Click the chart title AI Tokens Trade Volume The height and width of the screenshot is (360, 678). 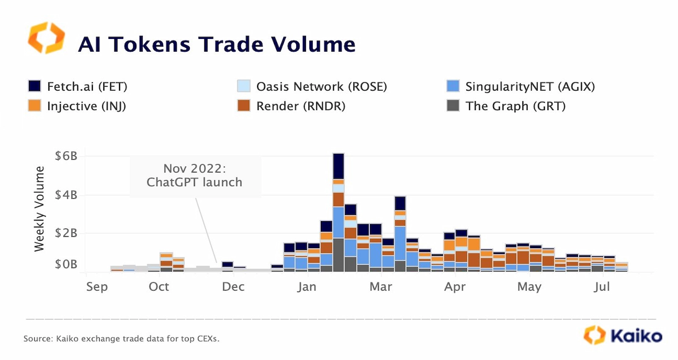[x=217, y=44]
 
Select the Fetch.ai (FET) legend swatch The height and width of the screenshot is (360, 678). [x=34, y=86]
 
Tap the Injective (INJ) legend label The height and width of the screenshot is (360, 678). [x=86, y=106]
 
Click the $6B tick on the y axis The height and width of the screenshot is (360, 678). [x=66, y=156]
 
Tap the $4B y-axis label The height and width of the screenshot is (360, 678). [x=66, y=195]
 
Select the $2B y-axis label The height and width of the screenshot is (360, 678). [x=66, y=233]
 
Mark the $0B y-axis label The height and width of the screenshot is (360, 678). [x=66, y=264]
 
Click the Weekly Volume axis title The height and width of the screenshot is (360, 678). [x=39, y=209]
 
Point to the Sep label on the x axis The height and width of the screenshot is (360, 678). [x=97, y=287]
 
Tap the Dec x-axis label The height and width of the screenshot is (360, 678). [x=233, y=287]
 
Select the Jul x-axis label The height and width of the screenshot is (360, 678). [x=601, y=287]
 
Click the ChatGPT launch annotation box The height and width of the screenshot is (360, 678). [x=195, y=176]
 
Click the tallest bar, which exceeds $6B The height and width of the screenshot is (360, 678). [x=338, y=212]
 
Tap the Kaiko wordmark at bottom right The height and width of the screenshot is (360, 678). [x=636, y=336]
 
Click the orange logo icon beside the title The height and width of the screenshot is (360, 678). [x=46, y=38]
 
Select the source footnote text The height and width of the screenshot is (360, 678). [x=121, y=338]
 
